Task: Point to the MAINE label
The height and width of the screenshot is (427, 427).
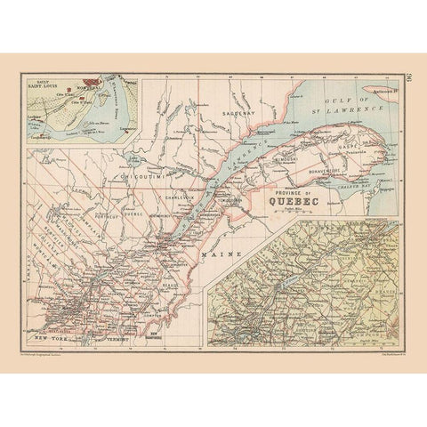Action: coord(215,254)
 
